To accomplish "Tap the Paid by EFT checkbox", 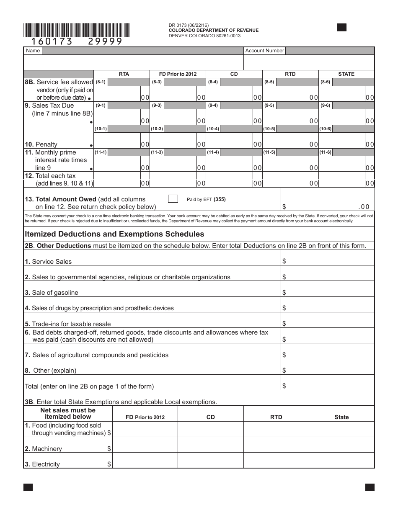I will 173,199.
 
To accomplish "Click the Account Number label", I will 264,51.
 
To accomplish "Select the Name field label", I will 33,51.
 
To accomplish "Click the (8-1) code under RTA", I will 101,82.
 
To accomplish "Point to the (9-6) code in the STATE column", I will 325,106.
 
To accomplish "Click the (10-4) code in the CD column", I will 213,129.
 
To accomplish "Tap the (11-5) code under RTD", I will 269,152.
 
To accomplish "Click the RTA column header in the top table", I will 124,74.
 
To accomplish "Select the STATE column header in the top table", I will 346,74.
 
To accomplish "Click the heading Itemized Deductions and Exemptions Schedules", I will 114,234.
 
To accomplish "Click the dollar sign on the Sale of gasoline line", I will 284,292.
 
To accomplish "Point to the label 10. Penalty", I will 41,144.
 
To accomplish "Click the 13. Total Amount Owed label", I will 85,199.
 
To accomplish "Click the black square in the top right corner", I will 342,28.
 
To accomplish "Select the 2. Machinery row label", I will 43,449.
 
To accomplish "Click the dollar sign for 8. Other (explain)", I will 284,370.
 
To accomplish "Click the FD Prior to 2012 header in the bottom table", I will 145,417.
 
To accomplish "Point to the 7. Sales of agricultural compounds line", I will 96,355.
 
